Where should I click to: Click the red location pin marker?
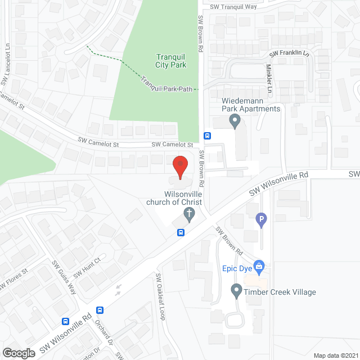179,166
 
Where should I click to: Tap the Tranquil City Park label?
172,60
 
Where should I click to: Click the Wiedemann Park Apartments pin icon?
235,120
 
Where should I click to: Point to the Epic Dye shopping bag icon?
259,264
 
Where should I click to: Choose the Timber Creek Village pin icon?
236,291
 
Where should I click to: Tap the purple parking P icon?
261,220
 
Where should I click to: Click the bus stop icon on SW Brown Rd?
207,136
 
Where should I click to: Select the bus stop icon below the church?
181,232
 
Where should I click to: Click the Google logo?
19,353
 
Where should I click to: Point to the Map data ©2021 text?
335,355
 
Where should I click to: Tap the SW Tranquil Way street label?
233,7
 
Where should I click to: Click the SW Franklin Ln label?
289,54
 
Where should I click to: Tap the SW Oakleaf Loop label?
160,296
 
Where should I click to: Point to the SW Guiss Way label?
64,277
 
